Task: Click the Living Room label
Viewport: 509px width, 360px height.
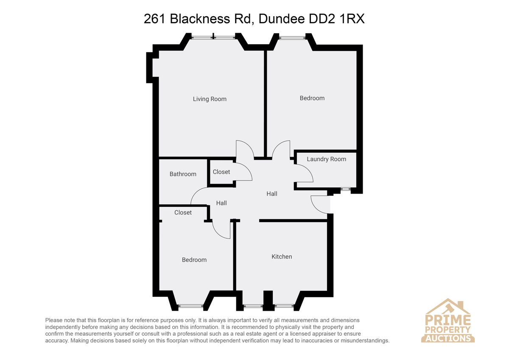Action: tap(210, 99)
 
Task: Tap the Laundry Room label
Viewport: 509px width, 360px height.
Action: tap(326, 159)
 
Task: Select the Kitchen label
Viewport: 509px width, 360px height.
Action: tap(282, 256)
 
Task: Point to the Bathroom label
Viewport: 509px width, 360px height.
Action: tap(183, 174)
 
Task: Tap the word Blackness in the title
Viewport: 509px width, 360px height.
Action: tap(200, 19)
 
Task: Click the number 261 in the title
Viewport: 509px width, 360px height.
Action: tap(154, 19)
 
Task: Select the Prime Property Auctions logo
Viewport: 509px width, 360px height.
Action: tap(447, 321)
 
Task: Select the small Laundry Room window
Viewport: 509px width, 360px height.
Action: tap(346, 188)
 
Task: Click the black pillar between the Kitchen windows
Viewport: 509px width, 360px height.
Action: tap(268, 300)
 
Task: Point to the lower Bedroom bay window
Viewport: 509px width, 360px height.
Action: tap(190, 307)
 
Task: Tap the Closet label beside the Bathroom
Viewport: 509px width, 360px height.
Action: tap(221, 172)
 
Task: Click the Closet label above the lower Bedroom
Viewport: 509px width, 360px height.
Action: tap(183, 213)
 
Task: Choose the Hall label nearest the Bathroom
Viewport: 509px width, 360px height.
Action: tap(221, 203)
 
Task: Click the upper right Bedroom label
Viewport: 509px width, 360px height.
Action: tap(312, 98)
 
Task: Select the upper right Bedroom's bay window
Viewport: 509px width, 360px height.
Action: tap(292, 38)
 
